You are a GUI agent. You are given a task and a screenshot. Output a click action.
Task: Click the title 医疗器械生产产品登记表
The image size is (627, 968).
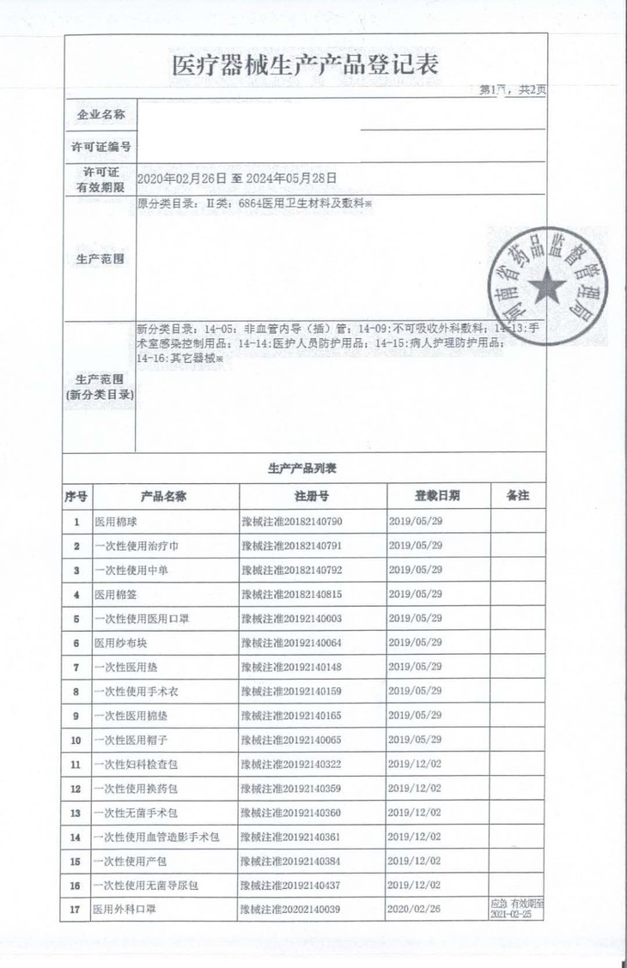(x=306, y=64)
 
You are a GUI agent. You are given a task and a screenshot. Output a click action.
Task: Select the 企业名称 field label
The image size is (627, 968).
(x=101, y=114)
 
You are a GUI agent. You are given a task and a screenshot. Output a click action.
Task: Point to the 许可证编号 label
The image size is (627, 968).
(x=101, y=147)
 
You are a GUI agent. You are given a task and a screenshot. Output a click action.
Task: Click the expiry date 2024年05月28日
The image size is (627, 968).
(x=290, y=178)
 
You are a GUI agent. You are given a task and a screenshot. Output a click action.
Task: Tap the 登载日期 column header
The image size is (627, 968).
(x=436, y=496)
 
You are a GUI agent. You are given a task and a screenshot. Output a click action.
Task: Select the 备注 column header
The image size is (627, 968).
(x=518, y=496)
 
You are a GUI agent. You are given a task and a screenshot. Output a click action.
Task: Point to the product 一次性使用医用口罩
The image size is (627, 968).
(x=137, y=618)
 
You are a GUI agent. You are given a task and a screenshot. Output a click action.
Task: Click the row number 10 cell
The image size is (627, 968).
(x=76, y=740)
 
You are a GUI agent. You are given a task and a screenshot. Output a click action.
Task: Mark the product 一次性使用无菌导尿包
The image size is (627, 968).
(x=147, y=885)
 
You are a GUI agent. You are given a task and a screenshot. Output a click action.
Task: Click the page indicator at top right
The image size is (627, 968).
(x=512, y=90)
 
